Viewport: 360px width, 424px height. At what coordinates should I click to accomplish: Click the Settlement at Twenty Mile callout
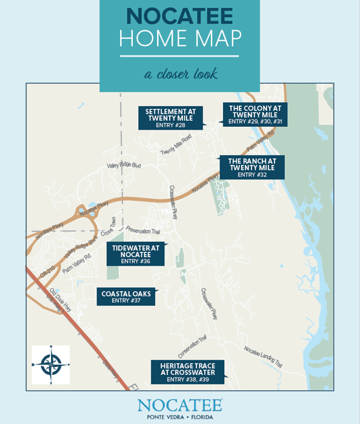[x=170, y=118]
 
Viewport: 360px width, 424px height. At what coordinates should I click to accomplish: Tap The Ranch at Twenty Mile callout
[x=252, y=167]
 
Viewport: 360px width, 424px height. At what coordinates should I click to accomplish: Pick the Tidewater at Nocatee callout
[x=135, y=254]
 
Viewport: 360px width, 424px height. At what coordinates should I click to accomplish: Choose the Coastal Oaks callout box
[x=126, y=296]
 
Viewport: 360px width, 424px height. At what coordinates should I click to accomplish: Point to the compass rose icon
[x=51, y=365]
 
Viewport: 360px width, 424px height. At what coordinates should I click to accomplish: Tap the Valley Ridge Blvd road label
[x=124, y=165]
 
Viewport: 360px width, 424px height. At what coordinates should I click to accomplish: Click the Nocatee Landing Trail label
[x=263, y=357]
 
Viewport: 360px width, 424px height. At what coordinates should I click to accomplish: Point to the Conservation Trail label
[x=193, y=347]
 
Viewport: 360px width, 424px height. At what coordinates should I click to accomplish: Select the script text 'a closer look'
[x=179, y=75]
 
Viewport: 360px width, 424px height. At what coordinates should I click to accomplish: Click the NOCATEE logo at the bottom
[x=179, y=405]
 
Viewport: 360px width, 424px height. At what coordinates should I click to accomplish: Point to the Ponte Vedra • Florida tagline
[x=179, y=417]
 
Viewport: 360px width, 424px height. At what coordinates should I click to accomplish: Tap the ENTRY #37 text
[x=126, y=300]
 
